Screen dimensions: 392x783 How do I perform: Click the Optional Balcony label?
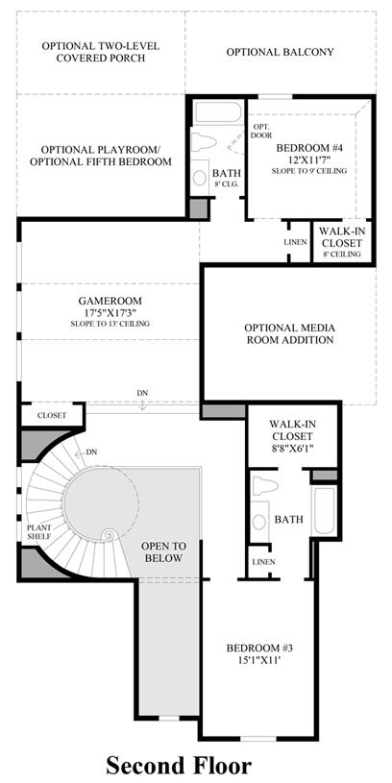[281, 52]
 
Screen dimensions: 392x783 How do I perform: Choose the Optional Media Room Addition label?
[289, 334]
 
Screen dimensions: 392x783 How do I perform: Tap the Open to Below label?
[163, 551]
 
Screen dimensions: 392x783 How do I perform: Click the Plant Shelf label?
[38, 532]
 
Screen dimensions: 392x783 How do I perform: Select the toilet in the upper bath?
[204, 142]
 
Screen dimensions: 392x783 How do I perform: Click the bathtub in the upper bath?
[219, 112]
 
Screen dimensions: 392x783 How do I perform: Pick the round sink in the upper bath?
[200, 178]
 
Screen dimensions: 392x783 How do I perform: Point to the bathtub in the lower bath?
[324, 510]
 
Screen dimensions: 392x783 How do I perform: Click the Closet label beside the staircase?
[52, 415]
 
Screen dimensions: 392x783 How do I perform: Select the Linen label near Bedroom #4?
[295, 242]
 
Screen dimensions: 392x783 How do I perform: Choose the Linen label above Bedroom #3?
[263, 562]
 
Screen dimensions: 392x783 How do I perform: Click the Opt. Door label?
[262, 131]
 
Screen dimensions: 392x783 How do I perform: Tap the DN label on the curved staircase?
[91, 452]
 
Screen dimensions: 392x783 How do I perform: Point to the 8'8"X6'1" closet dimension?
[292, 447]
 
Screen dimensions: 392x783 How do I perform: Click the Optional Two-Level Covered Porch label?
[100, 52]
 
